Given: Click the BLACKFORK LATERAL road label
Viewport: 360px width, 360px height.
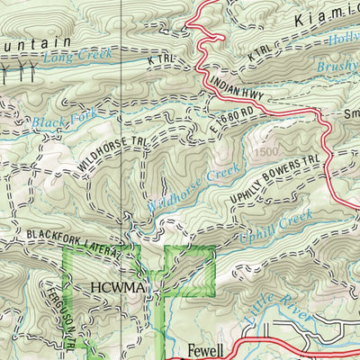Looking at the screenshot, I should [67, 236].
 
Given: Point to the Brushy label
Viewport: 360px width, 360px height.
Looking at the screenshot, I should [338, 67].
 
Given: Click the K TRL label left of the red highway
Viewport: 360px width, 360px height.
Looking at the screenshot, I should [159, 59].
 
